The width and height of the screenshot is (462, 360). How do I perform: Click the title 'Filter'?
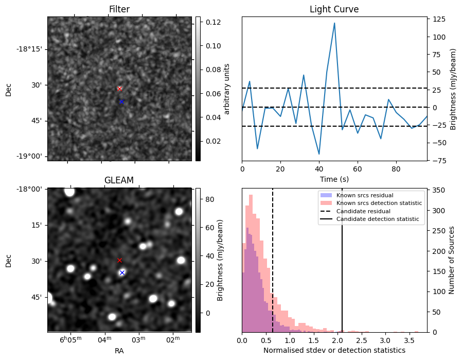tap(119, 9)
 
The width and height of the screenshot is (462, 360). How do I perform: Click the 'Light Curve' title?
tap(334, 9)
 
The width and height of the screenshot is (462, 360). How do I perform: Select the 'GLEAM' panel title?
tap(119, 180)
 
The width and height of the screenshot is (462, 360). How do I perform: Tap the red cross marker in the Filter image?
tap(119, 89)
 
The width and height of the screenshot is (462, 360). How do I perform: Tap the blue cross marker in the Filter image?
tap(121, 101)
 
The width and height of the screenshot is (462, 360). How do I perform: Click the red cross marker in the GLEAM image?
tap(119, 260)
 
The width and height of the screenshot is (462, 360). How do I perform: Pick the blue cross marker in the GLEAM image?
tap(122, 272)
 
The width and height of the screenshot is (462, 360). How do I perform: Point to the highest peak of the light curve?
tap(334, 23)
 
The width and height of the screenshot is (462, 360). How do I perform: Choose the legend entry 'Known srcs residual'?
tap(364, 196)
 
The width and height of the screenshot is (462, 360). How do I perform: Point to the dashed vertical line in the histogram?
tap(273, 258)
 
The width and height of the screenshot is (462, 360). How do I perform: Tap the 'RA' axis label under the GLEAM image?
tap(119, 351)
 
